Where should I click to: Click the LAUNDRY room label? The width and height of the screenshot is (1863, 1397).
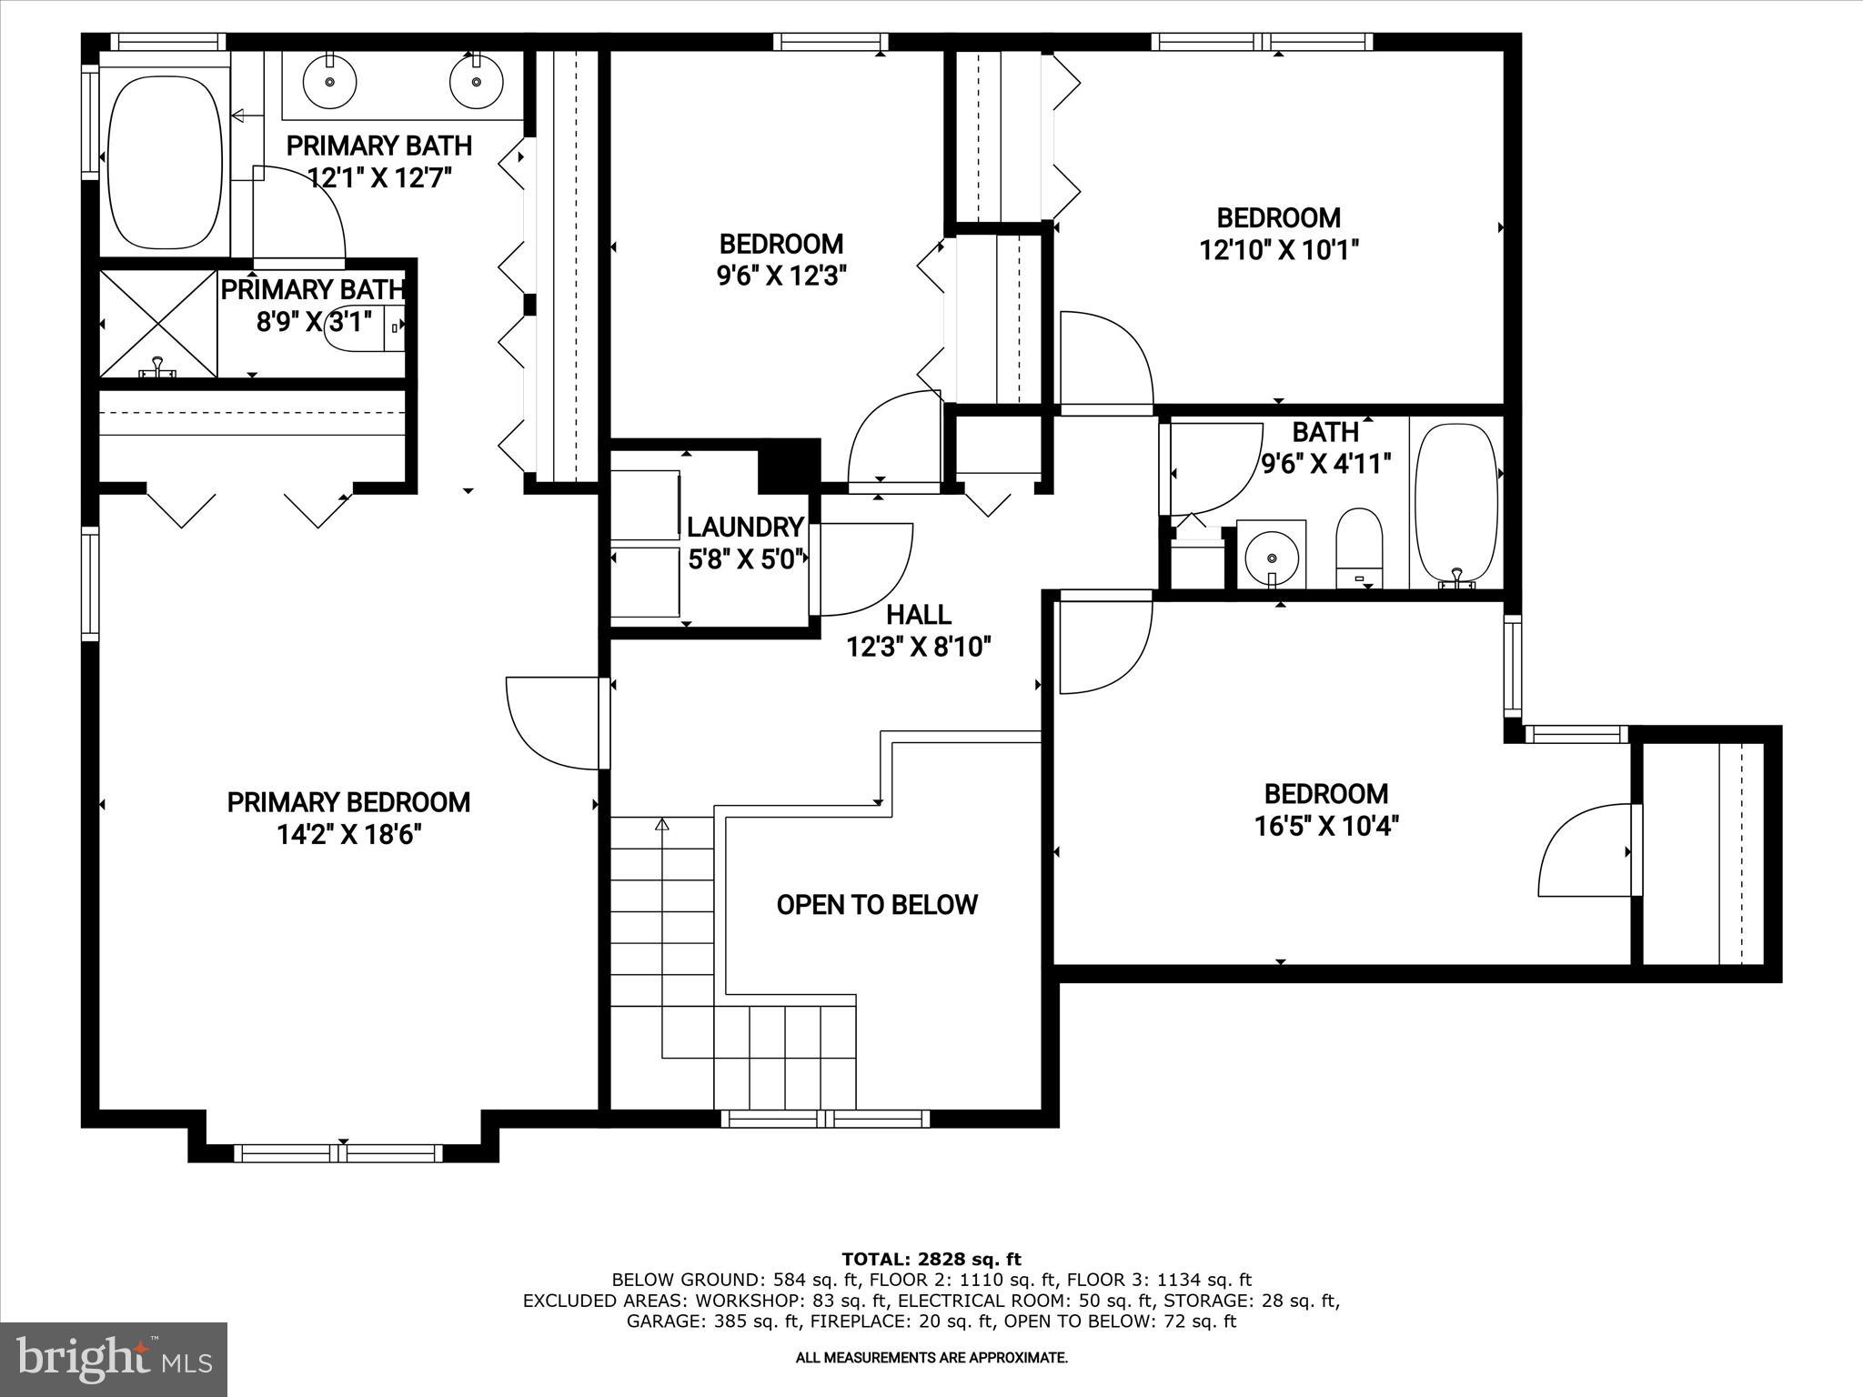(x=745, y=528)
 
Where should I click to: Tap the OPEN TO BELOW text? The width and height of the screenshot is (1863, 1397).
(x=877, y=904)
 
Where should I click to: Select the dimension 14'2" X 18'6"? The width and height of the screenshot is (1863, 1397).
(x=349, y=835)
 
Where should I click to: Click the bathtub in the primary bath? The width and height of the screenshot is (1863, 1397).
(x=165, y=162)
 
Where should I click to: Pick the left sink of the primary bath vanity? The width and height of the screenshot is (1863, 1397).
(x=329, y=81)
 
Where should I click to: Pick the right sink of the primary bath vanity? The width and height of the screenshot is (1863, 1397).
(x=476, y=81)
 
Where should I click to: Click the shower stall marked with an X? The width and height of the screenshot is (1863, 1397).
(x=158, y=324)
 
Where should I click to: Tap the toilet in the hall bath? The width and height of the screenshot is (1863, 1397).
(x=1359, y=546)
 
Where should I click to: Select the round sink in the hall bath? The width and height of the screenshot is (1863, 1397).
(x=1271, y=554)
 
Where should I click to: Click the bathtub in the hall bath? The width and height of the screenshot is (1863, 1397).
(x=1457, y=503)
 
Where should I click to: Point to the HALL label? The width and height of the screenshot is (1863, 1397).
(x=919, y=615)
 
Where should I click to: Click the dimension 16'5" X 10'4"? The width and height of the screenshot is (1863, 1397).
(x=1326, y=826)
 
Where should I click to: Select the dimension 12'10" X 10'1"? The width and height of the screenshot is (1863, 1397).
(x=1278, y=250)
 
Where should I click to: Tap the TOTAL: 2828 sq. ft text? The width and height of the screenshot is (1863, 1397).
(x=931, y=1259)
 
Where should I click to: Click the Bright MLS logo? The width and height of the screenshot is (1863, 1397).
(x=114, y=1359)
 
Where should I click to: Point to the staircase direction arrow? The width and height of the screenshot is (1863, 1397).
(x=662, y=826)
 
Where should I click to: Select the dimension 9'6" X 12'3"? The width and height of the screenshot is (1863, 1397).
(x=782, y=276)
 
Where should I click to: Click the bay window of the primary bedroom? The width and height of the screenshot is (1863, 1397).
(x=338, y=1153)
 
